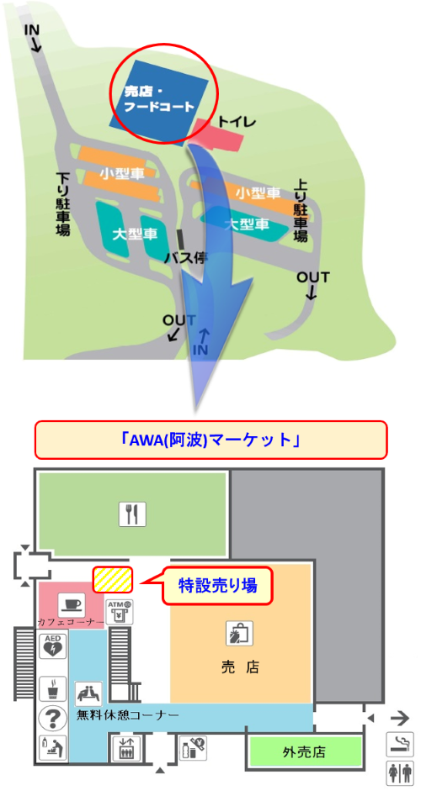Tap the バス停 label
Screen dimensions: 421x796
pyautogui.click(x=187, y=257)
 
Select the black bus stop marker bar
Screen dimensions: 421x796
pyautogui.click(x=180, y=239)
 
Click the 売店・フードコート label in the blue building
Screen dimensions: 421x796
pyautogui.click(x=159, y=99)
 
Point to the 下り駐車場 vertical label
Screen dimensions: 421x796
pyautogui.click(x=63, y=203)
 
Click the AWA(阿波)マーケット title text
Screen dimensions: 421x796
pyautogui.click(x=210, y=439)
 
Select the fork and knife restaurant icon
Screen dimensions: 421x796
pyautogui.click(x=133, y=514)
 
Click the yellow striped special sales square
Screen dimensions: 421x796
pyautogui.click(x=112, y=580)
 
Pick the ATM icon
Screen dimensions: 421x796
pyautogui.click(x=119, y=611)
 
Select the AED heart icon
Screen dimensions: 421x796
pyautogui.click(x=53, y=645)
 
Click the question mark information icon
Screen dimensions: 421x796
pyautogui.click(x=53, y=719)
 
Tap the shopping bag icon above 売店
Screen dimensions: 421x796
pyautogui.click(x=239, y=634)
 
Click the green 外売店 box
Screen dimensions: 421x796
pyautogui.click(x=304, y=751)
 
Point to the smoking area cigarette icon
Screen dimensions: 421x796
pyautogui.click(x=400, y=744)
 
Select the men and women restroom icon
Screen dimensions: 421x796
pyautogui.click(x=400, y=773)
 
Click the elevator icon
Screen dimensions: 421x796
pyautogui.click(x=125, y=747)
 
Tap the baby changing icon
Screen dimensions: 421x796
pyautogui.click(x=53, y=748)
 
